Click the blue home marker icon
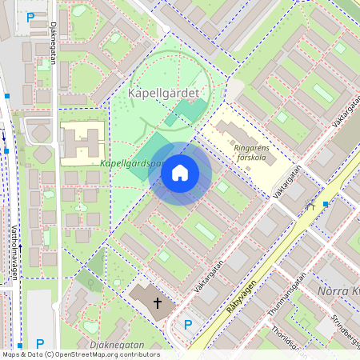tap(180, 173)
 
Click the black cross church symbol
tap(158, 303)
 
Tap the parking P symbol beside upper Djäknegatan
tap(30, 17)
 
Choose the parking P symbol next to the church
tap(188, 325)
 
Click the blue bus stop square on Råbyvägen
tap(326, 204)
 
